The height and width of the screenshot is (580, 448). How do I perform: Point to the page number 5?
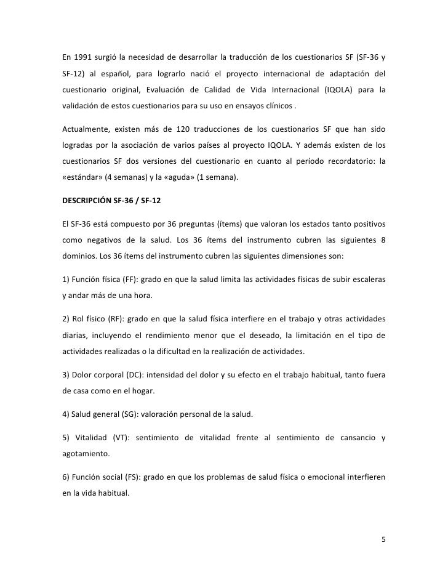(383, 539)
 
